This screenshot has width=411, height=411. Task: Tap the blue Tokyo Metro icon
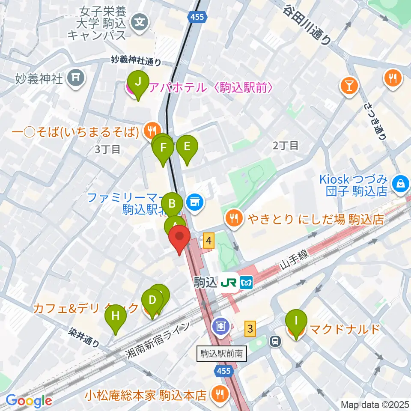pyautogui.click(x=246, y=282)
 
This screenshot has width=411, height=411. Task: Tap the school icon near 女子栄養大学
pyautogui.click(x=140, y=20)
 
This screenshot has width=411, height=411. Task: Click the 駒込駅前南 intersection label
pyautogui.click(x=222, y=354)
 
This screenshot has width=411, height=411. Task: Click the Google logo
pyautogui.click(x=29, y=400)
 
